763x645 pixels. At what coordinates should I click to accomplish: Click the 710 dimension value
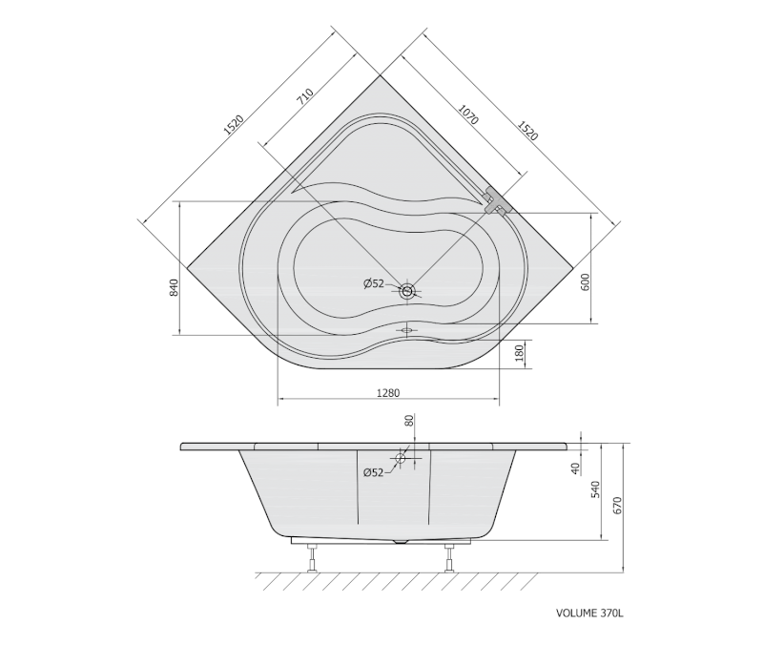tap(305, 96)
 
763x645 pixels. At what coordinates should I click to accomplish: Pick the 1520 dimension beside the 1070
tap(527, 131)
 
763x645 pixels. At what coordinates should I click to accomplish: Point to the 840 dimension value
tap(175, 288)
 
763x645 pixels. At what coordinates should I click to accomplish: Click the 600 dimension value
tap(585, 282)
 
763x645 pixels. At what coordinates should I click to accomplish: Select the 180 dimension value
tap(520, 353)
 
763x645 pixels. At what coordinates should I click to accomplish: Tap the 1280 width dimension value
tap(388, 393)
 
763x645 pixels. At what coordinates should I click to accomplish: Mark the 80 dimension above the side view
tap(409, 421)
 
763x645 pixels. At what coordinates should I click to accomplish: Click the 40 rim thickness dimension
tap(575, 468)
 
